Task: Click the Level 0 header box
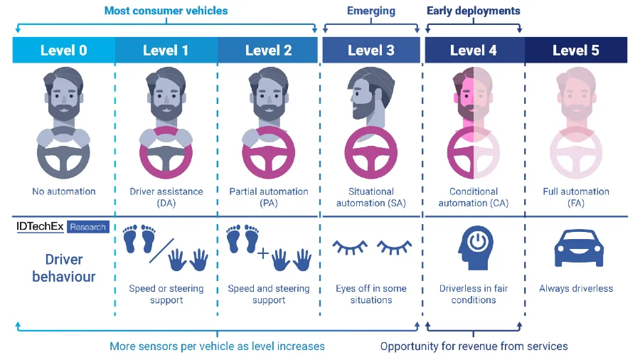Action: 63,50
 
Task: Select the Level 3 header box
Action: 370,50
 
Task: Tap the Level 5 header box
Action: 576,50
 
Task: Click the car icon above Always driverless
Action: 575,250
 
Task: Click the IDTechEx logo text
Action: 41,227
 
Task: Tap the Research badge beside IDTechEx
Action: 88,228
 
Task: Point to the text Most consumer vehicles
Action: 166,11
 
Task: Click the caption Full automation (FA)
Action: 575,197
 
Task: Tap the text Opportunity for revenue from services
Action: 474,346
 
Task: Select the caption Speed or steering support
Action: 166,295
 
